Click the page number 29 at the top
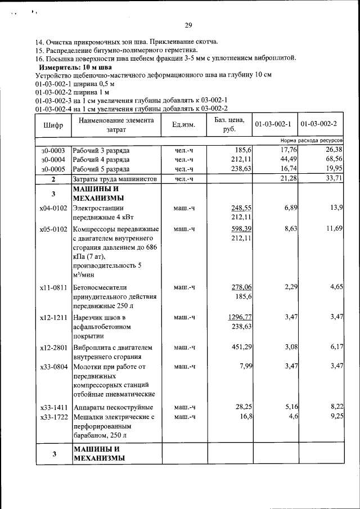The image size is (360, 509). [x=188, y=24]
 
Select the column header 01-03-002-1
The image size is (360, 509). [x=273, y=124]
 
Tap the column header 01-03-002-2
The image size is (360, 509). [x=319, y=124]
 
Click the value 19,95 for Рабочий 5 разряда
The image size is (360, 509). [x=334, y=168]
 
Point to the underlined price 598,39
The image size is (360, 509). [x=240, y=229]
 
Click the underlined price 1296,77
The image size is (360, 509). [x=240, y=317]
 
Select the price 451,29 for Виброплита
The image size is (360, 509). [x=240, y=347]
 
